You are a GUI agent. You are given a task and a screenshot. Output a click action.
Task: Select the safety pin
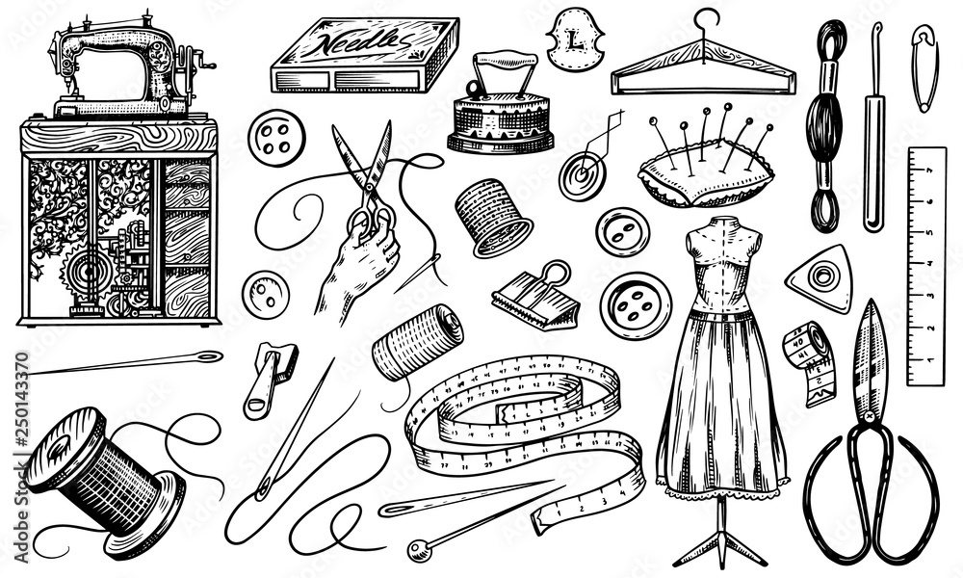(x=924, y=67)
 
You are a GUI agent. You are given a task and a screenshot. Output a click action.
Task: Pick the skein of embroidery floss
(x=827, y=125)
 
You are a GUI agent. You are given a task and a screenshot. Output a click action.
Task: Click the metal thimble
(x=493, y=217)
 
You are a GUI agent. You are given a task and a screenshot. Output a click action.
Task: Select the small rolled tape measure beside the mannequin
(x=808, y=357)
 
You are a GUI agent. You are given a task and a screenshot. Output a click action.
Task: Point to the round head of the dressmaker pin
(x=417, y=550)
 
